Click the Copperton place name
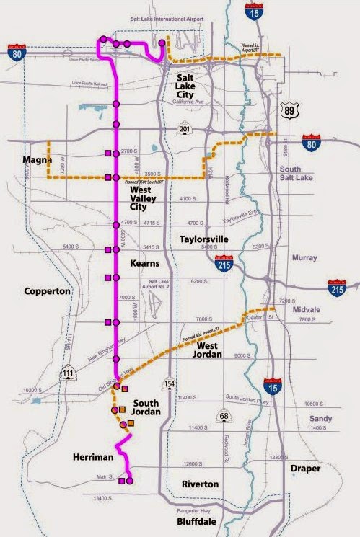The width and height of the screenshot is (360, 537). (x=47, y=292)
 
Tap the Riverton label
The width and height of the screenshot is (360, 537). (x=200, y=484)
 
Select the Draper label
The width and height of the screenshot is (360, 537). (x=304, y=469)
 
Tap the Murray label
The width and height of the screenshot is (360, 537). (x=304, y=257)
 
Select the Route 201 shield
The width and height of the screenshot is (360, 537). (x=185, y=128)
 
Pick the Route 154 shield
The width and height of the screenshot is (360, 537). (x=169, y=383)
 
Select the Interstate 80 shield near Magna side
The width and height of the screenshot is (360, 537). (x=15, y=51)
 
